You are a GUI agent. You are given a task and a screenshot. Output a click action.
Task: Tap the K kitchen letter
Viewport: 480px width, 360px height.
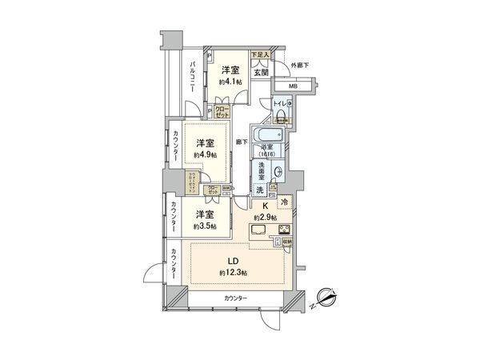coord(263,206)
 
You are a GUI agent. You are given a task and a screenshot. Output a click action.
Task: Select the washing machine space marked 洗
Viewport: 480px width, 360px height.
coord(260,190)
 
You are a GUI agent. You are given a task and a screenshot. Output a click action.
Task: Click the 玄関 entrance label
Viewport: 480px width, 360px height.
coord(261,71)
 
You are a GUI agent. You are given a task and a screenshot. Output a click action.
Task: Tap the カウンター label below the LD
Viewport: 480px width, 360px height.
coord(235,298)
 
